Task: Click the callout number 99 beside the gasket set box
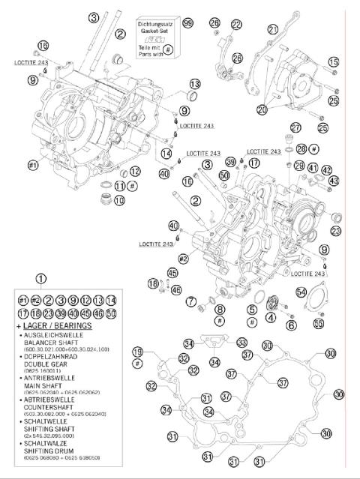click(187, 24)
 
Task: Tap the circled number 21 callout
click(273, 29)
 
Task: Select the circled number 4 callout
click(269, 317)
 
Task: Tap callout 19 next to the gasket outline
click(137, 352)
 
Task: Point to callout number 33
click(242, 343)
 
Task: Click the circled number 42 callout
click(327, 169)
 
